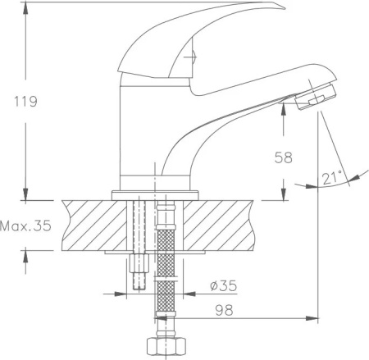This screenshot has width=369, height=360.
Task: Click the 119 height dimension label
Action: click(x=25, y=102)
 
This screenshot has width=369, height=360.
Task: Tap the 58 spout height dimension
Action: click(x=284, y=157)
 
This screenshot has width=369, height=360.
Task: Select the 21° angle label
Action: click(x=332, y=178)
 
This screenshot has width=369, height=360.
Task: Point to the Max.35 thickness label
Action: click(x=25, y=226)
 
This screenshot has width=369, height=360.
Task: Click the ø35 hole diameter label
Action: click(x=224, y=286)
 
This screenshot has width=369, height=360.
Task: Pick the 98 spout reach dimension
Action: click(x=224, y=310)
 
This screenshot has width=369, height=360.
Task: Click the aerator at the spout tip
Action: click(x=316, y=97)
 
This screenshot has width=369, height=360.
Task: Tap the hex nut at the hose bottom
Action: click(x=166, y=346)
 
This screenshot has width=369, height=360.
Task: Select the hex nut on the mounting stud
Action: click(x=139, y=263)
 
